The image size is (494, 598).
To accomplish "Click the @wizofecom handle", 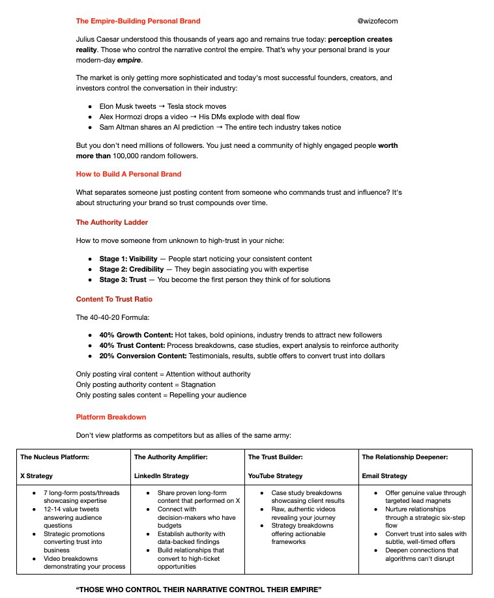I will pyautogui.click(x=378, y=21).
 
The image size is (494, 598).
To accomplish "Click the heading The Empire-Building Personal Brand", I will pyautogui.click(x=138, y=21).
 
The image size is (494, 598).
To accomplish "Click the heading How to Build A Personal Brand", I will pyautogui.click(x=128, y=174).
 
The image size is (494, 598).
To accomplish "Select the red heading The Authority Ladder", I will pyautogui.click(x=111, y=222).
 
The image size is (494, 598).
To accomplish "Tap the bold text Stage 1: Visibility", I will pyautogui.click(x=128, y=259).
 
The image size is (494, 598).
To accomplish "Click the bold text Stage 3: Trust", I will pyautogui.click(x=123, y=279).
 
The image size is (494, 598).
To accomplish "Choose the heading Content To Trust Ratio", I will pyautogui.click(x=114, y=299).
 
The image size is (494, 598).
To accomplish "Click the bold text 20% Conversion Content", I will pyautogui.click(x=143, y=356).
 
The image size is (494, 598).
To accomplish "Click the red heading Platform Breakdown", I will pyautogui.click(x=111, y=417).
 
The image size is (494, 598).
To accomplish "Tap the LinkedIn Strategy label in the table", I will pyautogui.click(x=162, y=476).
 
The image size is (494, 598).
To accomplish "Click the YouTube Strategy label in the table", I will pyautogui.click(x=275, y=476).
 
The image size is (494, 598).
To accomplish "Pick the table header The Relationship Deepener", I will pyautogui.click(x=405, y=457).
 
